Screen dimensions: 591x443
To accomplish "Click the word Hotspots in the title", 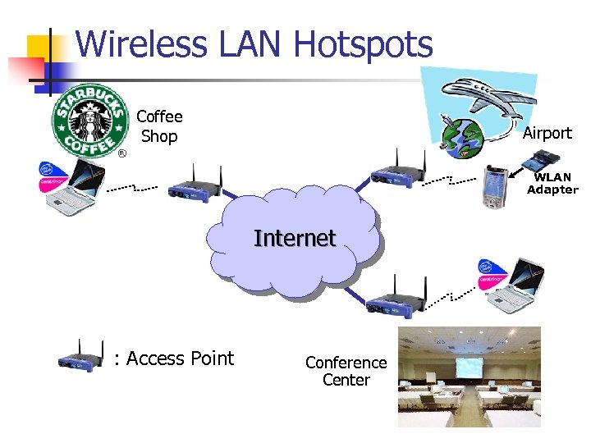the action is pyautogui.click(x=362, y=44).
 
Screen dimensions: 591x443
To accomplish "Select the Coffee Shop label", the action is pyautogui.click(x=159, y=126).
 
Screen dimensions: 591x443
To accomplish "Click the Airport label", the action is pyautogui.click(x=547, y=133).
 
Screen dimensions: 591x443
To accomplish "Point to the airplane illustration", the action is pyautogui.click(x=493, y=94).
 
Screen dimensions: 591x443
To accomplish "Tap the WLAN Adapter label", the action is pyautogui.click(x=552, y=184).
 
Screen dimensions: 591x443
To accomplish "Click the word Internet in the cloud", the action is pyautogui.click(x=295, y=239).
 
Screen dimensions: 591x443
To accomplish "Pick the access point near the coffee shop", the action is pyautogui.click(x=195, y=185).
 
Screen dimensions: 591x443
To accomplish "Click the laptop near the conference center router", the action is pyautogui.click(x=511, y=286).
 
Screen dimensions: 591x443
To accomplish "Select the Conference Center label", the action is pyautogui.click(x=346, y=371).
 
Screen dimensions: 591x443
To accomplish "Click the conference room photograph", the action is pyautogui.click(x=469, y=377).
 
